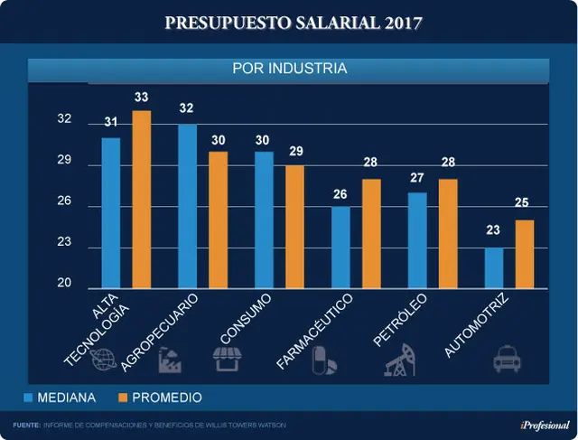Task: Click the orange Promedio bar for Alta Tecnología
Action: click(x=142, y=200)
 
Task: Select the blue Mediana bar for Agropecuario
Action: click(x=187, y=206)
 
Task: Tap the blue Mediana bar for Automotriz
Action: click(x=494, y=268)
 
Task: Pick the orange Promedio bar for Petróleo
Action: click(x=448, y=234)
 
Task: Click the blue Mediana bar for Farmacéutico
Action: click(x=340, y=248)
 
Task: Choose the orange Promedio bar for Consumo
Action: click(x=295, y=227)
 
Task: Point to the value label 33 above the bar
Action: click(x=142, y=97)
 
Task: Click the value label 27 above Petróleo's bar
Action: click(x=417, y=178)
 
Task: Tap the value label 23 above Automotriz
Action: click(x=493, y=230)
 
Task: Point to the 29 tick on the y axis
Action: click(x=64, y=160)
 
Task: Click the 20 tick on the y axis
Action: click(x=64, y=283)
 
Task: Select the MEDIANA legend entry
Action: click(x=60, y=398)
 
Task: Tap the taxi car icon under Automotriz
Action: click(x=507, y=359)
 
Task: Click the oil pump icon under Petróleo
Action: click(x=400, y=360)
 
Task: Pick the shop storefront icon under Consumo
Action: click(x=228, y=359)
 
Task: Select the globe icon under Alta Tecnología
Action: click(x=103, y=360)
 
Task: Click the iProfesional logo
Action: click(x=545, y=426)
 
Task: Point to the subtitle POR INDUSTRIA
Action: click(x=290, y=69)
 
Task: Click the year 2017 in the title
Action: click(x=403, y=23)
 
